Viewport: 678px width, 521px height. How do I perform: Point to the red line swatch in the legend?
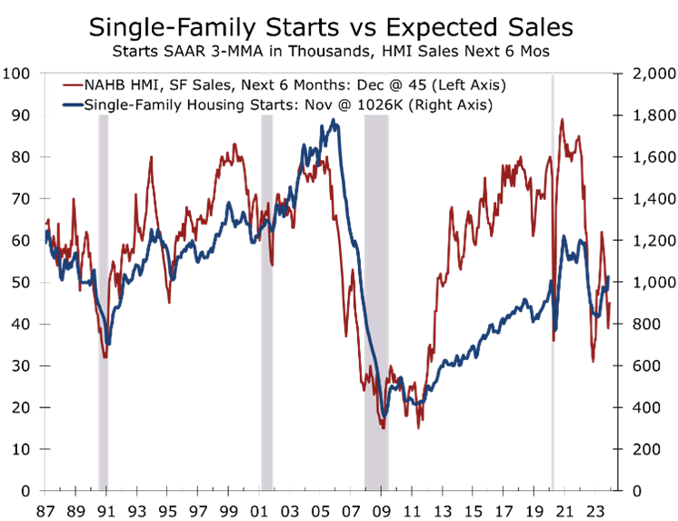(71, 85)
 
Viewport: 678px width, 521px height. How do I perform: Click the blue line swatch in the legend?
(71, 105)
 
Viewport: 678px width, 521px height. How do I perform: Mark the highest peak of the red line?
(563, 119)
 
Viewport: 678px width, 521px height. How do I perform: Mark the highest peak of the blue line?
(334, 120)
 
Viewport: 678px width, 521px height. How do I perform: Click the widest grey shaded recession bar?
(375, 300)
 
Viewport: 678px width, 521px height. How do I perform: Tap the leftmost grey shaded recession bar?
(104, 300)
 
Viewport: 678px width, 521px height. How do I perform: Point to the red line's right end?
(611, 305)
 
